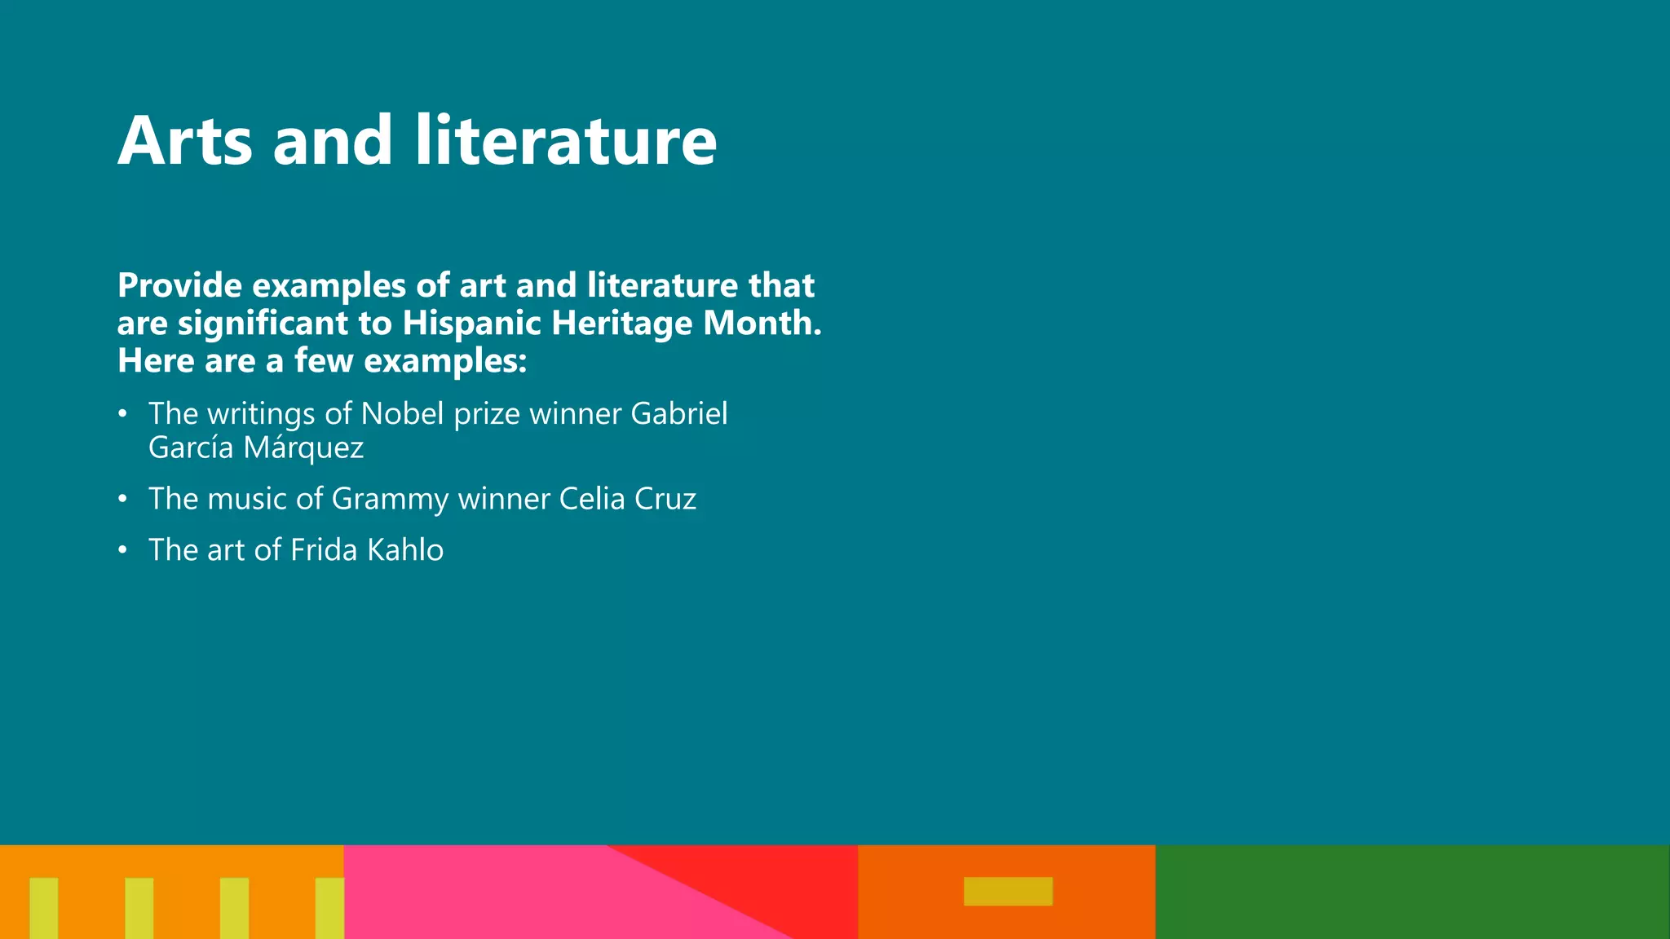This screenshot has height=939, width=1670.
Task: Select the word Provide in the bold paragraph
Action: click(179, 285)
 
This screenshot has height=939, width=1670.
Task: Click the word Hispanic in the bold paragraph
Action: click(472, 323)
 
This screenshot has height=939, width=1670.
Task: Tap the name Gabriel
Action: click(678, 414)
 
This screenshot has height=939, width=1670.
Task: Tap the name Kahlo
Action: click(405, 550)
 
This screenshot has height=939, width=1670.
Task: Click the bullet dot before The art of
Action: click(122, 550)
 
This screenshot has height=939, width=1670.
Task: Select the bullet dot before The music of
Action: click(122, 499)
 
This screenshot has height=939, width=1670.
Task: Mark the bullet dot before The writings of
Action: click(122, 414)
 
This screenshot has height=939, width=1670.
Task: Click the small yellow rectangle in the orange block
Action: click(1008, 891)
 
